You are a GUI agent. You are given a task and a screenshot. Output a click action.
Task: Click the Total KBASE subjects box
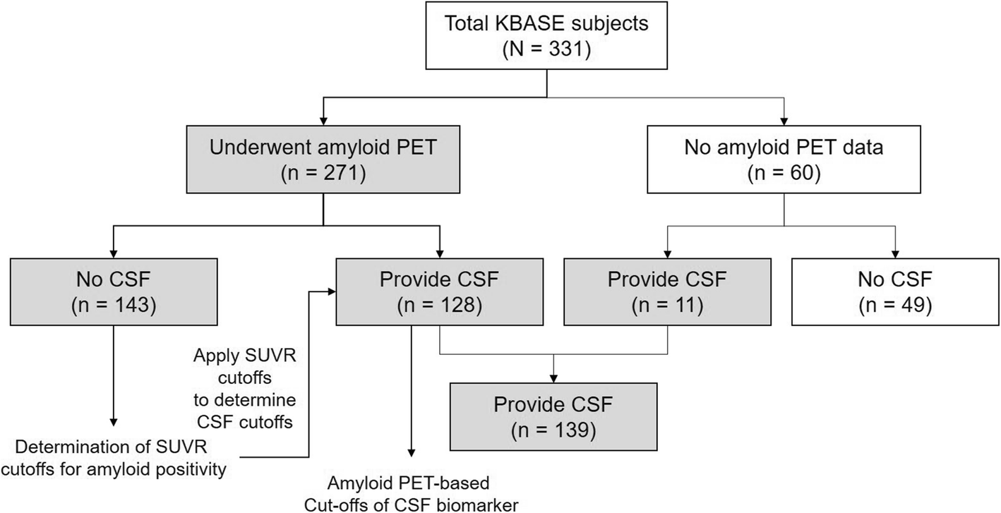tap(547, 37)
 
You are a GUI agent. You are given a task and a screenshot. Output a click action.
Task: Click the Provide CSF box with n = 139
tap(553, 416)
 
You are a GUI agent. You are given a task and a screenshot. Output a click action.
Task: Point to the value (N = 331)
tap(547, 49)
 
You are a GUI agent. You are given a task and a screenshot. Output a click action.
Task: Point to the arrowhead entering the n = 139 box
tap(553, 378)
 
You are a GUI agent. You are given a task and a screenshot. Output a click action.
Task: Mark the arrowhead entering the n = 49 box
tap(896, 254)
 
